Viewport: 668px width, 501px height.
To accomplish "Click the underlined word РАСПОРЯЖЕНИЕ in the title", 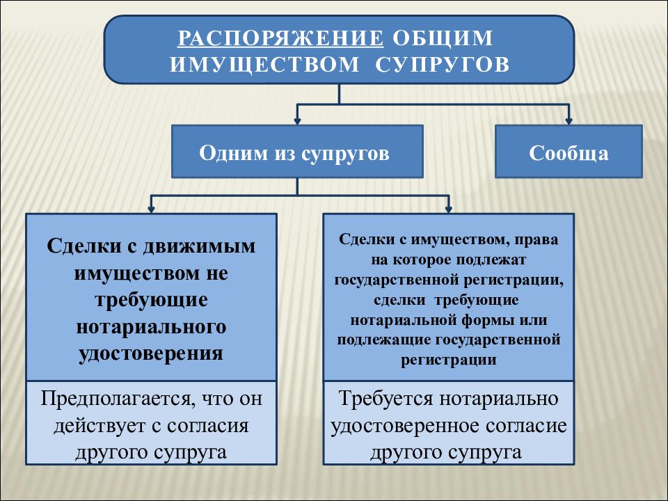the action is tap(280, 38).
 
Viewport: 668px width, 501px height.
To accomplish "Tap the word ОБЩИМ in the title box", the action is tap(443, 38).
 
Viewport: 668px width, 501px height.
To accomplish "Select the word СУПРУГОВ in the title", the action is tap(443, 64).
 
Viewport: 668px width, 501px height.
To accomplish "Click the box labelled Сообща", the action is tap(568, 151).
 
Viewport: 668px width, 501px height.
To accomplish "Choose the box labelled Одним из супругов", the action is tap(297, 151).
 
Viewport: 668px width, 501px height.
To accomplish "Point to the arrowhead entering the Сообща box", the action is tap(568, 121).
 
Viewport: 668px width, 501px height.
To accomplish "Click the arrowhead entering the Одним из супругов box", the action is tap(297, 121).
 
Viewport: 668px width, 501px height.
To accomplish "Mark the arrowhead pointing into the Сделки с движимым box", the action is tap(151, 209).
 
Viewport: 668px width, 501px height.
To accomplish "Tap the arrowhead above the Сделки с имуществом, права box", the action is tap(448, 209).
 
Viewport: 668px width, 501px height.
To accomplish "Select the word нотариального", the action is tap(151, 327).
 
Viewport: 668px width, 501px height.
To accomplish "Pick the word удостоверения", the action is tap(151, 353).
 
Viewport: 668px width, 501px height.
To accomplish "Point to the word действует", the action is tap(100, 426).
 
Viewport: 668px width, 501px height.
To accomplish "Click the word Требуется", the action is tap(385, 399).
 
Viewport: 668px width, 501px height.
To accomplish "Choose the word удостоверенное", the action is tap(411, 426).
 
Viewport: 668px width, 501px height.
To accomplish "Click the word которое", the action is tap(422, 260).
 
